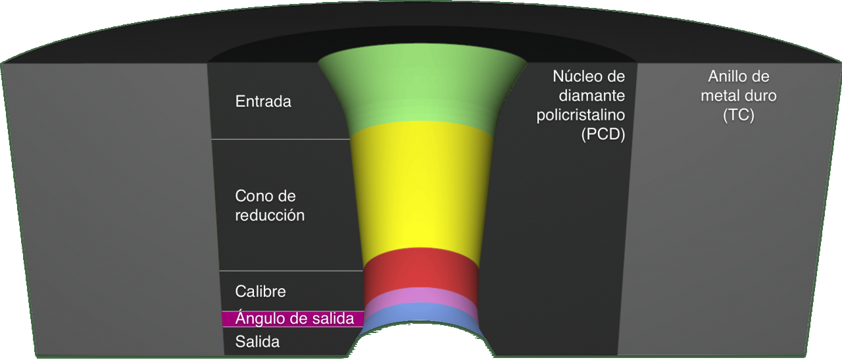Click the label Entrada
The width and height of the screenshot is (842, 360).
pos(263,101)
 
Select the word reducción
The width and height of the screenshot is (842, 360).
pos(270,216)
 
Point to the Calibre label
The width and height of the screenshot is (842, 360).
pos(260,292)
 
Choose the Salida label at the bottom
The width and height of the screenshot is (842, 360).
pos(257,342)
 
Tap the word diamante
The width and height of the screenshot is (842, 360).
pos(591,95)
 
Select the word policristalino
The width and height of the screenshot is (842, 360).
pos(581,115)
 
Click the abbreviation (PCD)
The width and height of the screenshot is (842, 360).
pos(603,134)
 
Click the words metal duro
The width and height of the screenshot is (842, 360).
pos(739,95)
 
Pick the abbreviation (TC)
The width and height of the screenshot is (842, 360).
pos(739,115)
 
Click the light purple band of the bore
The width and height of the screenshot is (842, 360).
pos(420,297)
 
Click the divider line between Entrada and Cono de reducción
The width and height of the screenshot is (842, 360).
pos(280,139)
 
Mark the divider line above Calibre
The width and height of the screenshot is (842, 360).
pos(291,271)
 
